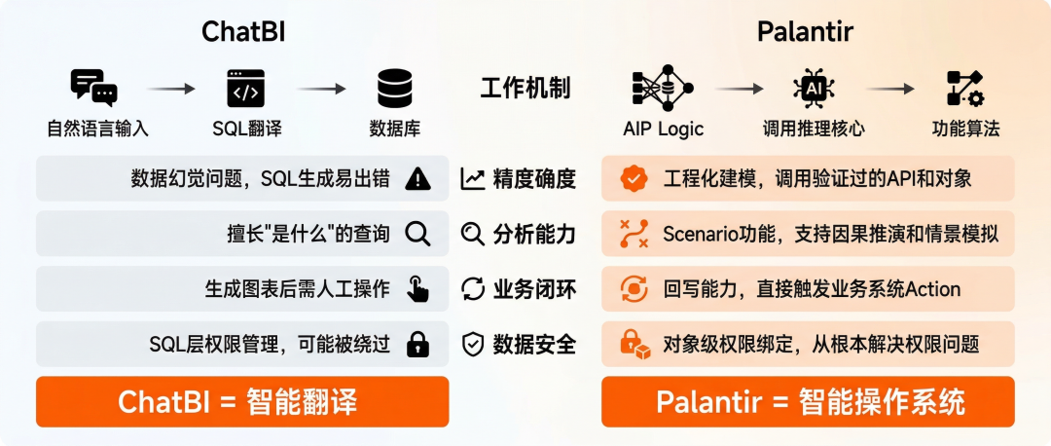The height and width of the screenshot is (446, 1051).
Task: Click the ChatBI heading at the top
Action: [x=242, y=32]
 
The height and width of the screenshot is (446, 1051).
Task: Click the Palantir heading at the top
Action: [x=805, y=32]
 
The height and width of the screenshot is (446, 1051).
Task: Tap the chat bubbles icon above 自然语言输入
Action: [x=94, y=88]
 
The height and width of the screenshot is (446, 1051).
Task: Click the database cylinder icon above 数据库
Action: [x=395, y=89]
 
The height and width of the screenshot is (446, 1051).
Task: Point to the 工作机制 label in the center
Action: [x=525, y=89]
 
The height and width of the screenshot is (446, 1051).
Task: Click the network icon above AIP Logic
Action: [x=662, y=88]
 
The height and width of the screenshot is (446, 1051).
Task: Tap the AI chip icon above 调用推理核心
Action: [x=814, y=88]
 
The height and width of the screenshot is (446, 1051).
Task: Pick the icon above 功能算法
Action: [x=965, y=89]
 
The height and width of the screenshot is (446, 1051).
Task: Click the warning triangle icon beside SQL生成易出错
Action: [x=417, y=178]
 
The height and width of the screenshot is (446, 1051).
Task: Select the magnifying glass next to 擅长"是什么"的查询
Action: [x=417, y=234]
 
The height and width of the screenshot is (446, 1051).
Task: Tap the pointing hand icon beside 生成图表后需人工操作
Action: [x=417, y=289]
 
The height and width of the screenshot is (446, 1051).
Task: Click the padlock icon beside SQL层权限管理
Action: [x=417, y=344]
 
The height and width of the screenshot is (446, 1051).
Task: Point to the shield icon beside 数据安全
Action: [x=473, y=344]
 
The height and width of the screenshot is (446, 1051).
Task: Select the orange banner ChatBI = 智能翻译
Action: [x=242, y=401]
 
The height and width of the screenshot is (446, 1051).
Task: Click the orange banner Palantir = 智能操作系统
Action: [x=808, y=401]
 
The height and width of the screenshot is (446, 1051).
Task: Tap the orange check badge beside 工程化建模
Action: [x=634, y=178]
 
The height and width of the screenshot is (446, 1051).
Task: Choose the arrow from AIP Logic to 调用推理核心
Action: [x=739, y=89]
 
